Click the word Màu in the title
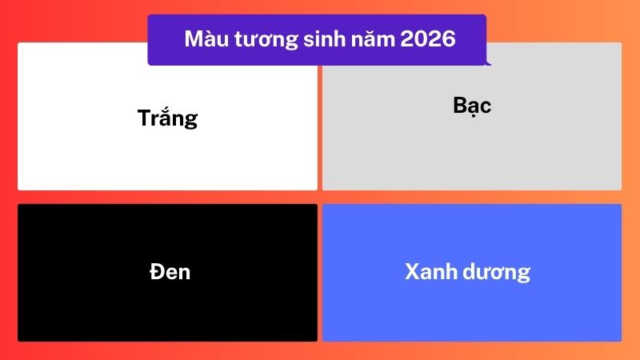202,39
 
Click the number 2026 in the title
426,39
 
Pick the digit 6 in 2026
449,39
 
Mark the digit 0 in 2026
419,39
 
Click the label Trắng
167,118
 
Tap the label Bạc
472,105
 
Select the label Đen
170,271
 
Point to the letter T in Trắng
144,118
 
